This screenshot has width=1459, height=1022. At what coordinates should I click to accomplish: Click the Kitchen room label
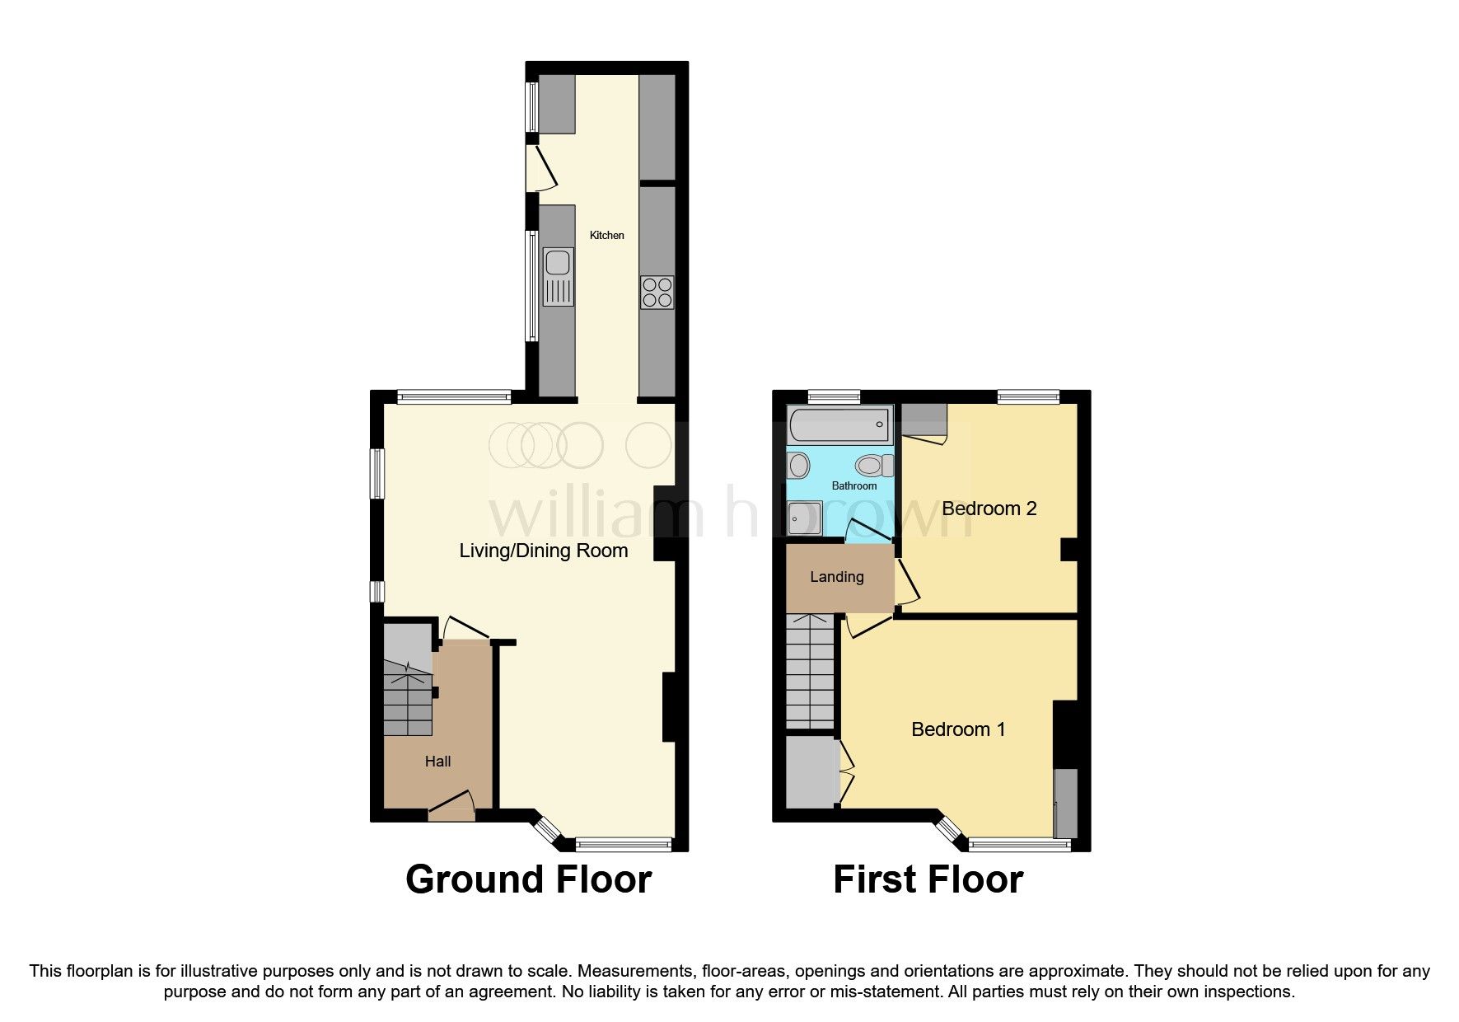click(x=606, y=236)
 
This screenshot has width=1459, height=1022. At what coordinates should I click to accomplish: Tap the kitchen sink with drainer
click(x=559, y=277)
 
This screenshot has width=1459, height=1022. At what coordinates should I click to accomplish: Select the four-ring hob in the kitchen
click(x=657, y=293)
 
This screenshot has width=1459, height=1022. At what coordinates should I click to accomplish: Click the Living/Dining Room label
click(x=543, y=551)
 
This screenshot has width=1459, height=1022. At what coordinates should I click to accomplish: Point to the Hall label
click(x=437, y=762)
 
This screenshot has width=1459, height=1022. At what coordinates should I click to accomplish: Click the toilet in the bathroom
click(x=873, y=466)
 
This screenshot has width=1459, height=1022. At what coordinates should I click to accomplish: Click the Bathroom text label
click(x=853, y=486)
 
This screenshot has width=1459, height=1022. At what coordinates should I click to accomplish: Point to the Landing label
click(x=836, y=577)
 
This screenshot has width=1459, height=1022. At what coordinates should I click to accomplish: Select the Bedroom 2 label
click(x=989, y=509)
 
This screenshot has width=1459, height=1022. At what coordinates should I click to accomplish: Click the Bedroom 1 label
click(x=958, y=729)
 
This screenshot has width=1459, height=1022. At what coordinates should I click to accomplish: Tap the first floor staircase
click(x=810, y=672)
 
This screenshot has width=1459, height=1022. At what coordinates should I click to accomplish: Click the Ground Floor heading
click(x=528, y=879)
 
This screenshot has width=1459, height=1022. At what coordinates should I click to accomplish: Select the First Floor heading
click(x=928, y=879)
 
